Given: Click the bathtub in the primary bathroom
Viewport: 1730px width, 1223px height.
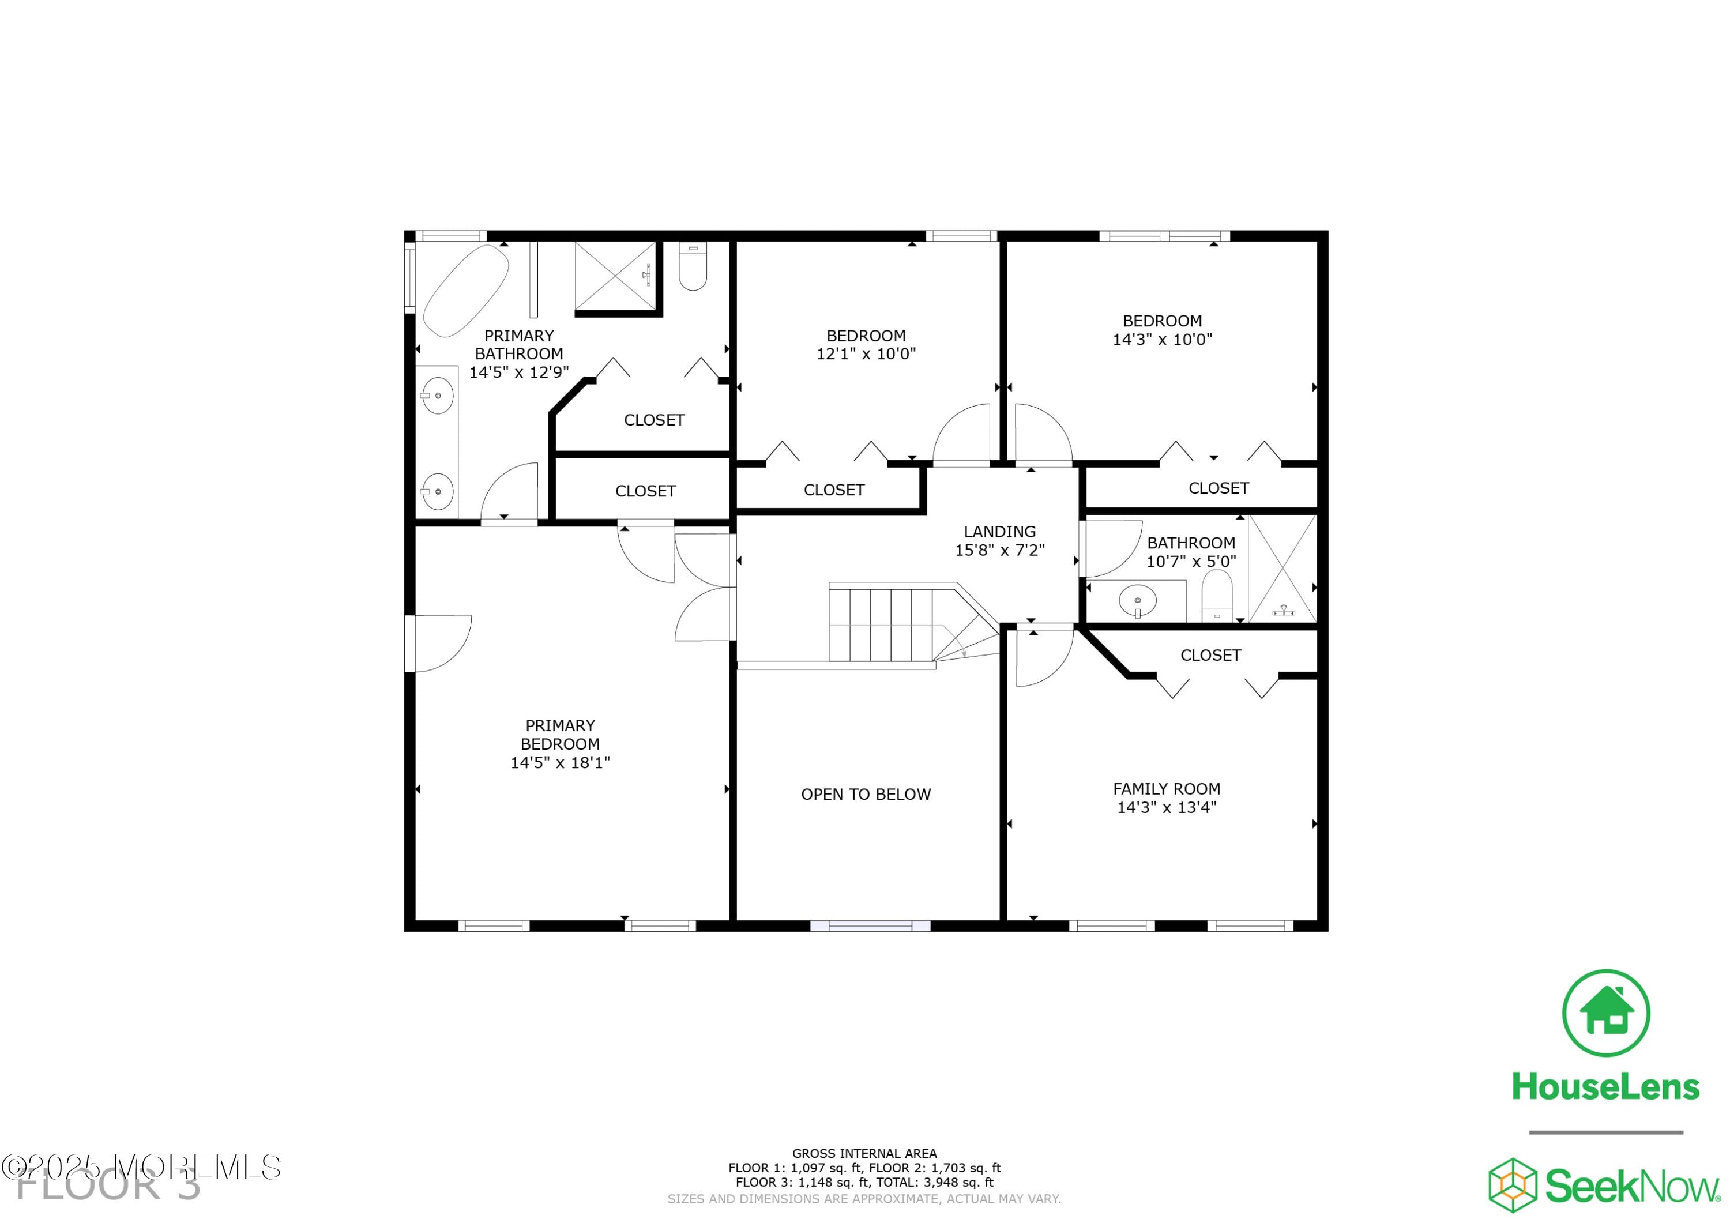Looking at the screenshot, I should coord(465,290).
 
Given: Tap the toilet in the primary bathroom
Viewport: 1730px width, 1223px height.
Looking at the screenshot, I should coord(693,268).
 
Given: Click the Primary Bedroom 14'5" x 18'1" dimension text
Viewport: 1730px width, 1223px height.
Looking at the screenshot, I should coord(560,763).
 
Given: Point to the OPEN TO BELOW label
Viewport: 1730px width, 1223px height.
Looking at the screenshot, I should coord(866,794).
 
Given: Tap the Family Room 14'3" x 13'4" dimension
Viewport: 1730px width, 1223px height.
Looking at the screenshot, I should coord(1167,807).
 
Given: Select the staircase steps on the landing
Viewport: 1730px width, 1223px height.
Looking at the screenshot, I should coord(882,624).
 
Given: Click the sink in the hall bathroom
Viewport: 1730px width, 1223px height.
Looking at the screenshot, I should coord(1137,601).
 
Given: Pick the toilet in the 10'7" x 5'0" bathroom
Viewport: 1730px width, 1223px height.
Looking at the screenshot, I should coord(1216,595).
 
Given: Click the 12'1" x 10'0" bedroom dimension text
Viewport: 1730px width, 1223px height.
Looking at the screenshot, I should coord(866,354).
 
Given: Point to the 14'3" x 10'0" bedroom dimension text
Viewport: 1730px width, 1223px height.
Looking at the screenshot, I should coord(1162,340).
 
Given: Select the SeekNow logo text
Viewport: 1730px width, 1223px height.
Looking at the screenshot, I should coord(1631,1187).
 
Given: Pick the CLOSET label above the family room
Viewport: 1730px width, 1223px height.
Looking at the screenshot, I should coord(1210,656).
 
